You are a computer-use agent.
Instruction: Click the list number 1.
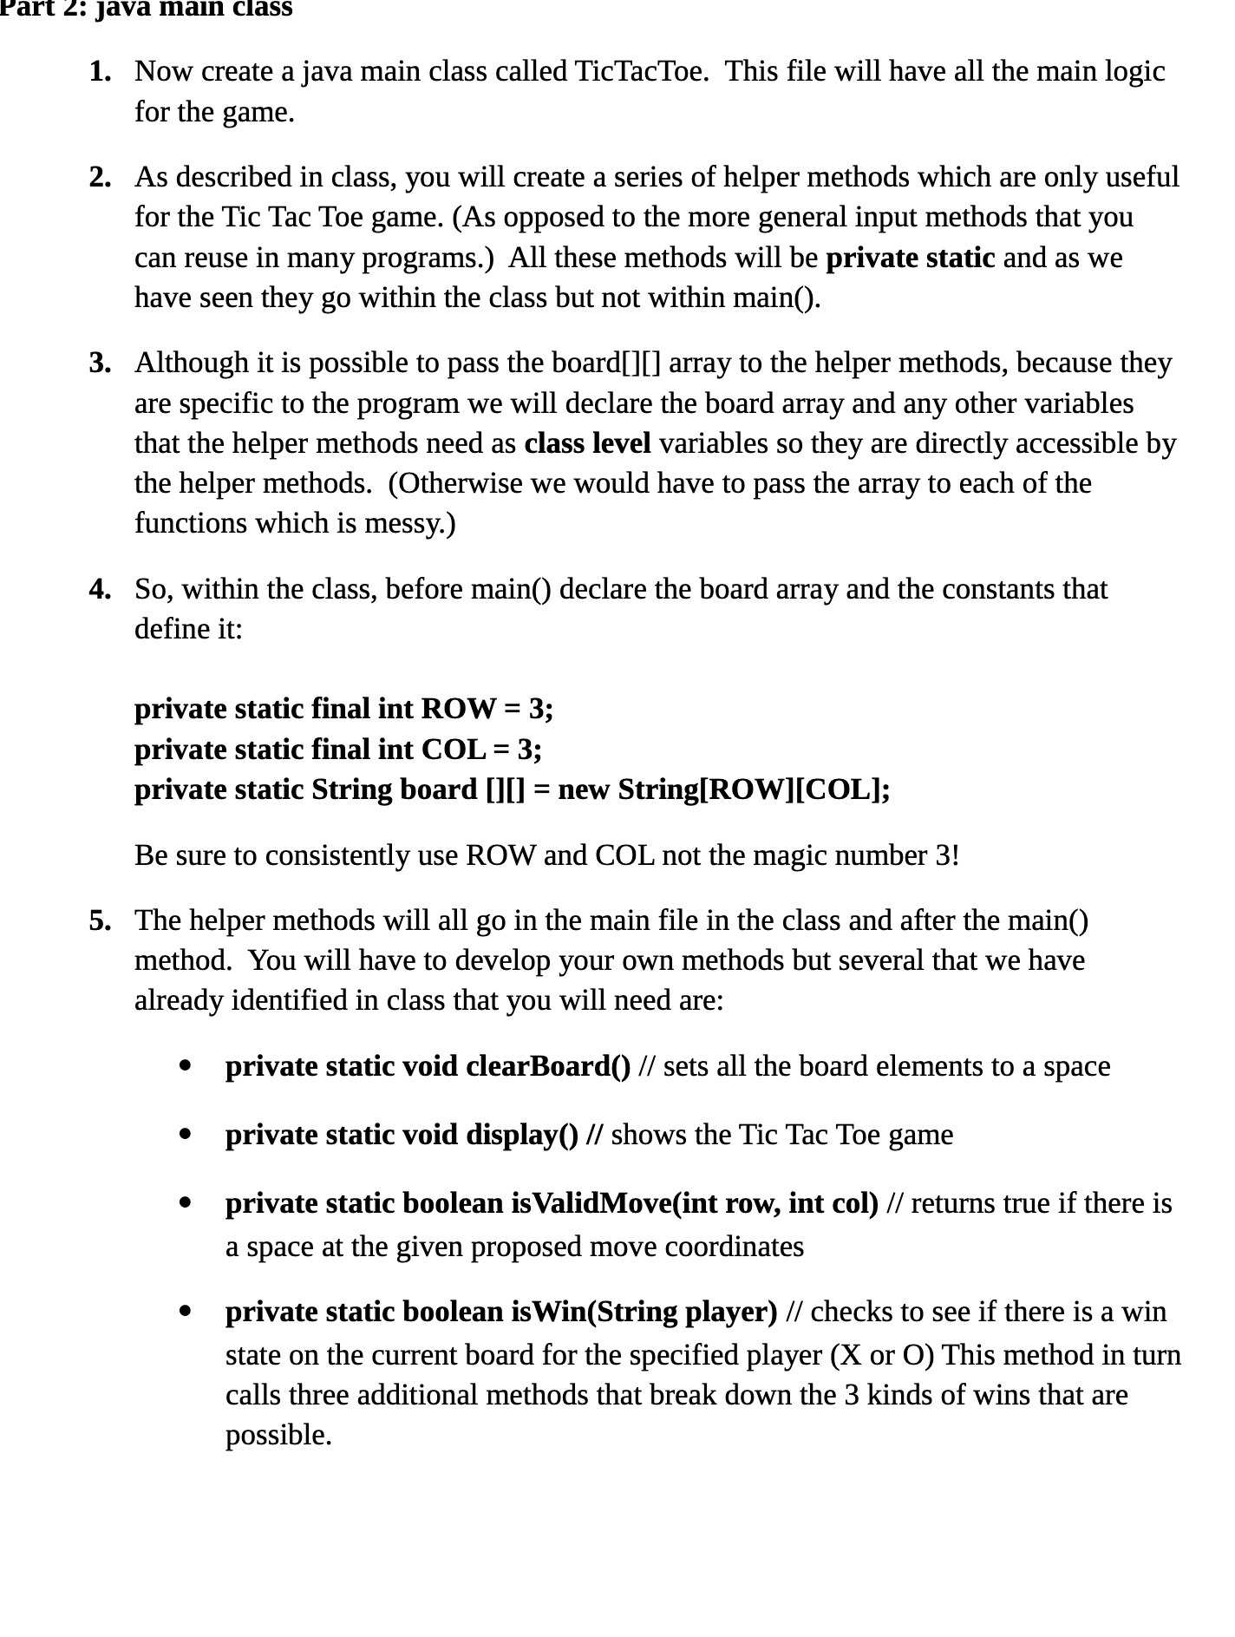tap(100, 72)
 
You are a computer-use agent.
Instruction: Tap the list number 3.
tap(100, 363)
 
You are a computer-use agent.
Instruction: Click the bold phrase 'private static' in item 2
tap(910, 259)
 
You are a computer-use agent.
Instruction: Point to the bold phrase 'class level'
tap(587, 444)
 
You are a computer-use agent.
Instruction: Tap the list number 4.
tap(100, 590)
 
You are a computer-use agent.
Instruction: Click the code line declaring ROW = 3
tap(343, 710)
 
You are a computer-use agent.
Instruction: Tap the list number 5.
tap(100, 920)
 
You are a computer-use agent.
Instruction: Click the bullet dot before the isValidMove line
tap(184, 1203)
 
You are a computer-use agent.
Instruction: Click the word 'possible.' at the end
tap(278, 1436)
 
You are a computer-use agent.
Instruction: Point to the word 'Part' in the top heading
tap(23, 9)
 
